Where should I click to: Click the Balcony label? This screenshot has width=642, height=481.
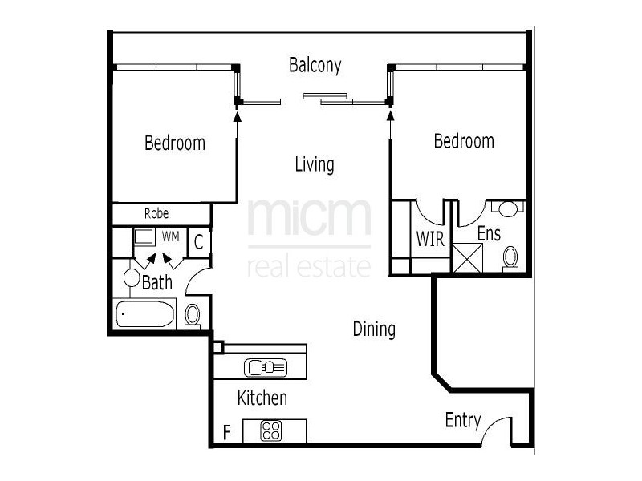coord(315,65)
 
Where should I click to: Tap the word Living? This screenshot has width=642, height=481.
coord(315,165)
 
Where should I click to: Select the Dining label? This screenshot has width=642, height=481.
coord(374,329)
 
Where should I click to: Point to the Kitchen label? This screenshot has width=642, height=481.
coord(262,398)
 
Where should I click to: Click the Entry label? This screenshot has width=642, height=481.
coord(463,420)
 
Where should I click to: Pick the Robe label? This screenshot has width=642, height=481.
coord(156,214)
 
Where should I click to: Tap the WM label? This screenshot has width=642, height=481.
coord(171,236)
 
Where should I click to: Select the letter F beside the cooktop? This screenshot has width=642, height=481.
coord(227,434)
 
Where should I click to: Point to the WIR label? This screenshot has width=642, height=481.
coord(430,239)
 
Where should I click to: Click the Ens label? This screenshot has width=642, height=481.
coord(490,234)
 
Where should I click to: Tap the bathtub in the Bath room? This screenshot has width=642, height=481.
coord(145,314)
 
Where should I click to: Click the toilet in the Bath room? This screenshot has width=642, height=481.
coord(193,315)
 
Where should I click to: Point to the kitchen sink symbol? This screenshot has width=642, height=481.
coord(266,367)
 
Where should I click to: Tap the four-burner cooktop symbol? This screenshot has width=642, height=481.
coord(271,430)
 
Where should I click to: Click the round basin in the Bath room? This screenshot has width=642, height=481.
coord(132,278)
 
